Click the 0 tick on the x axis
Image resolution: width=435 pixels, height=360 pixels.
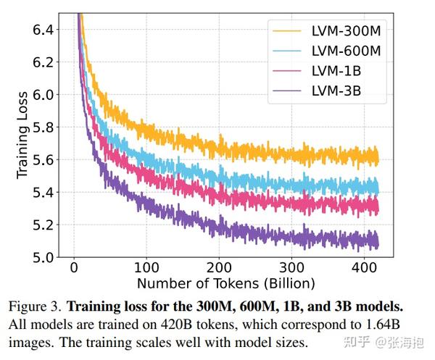74,268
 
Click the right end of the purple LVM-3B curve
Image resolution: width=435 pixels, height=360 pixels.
377,242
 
